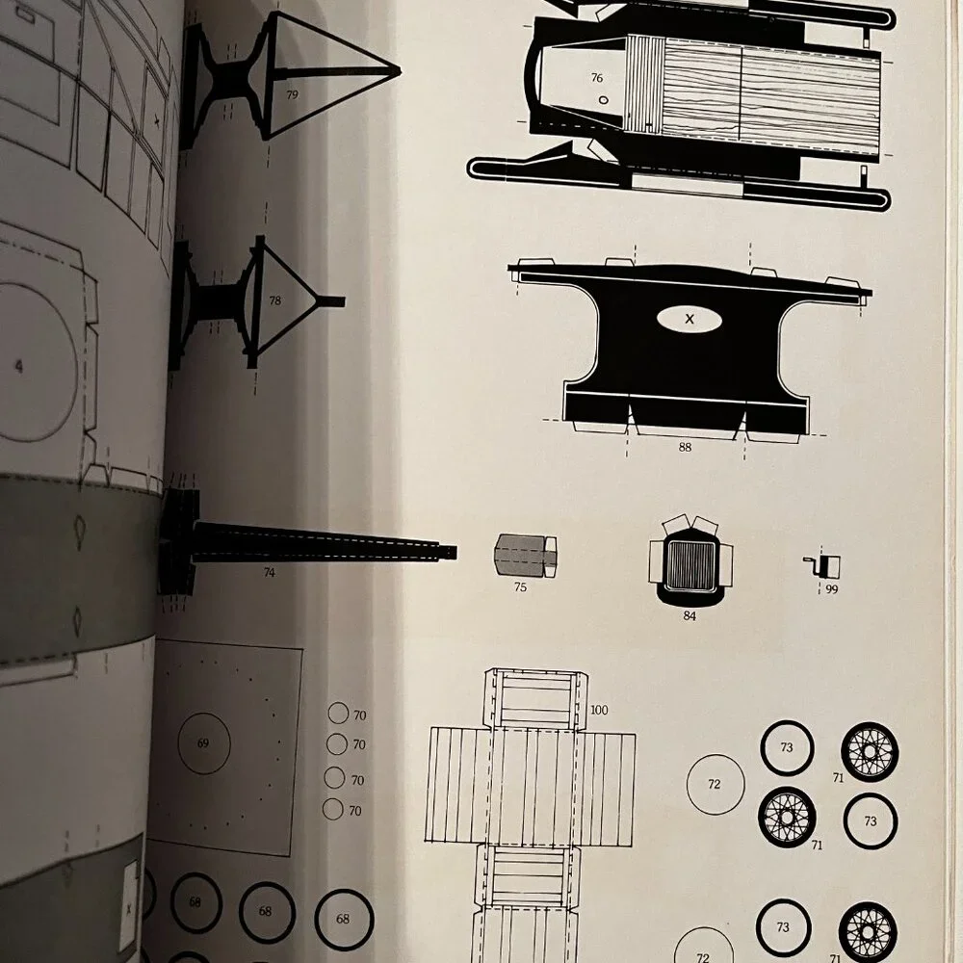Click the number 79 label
pyautogui.click(x=292, y=94)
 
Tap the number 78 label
pyautogui.click(x=274, y=300)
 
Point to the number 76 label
pyautogui.click(x=596, y=78)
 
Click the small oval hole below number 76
pyautogui.click(x=603, y=100)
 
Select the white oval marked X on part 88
pyautogui.click(x=690, y=319)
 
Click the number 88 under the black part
pyautogui.click(x=685, y=447)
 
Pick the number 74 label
pyautogui.click(x=269, y=572)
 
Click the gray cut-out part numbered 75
pyautogui.click(x=525, y=556)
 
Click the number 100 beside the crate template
pyautogui.click(x=599, y=710)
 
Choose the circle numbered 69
pyautogui.click(x=204, y=743)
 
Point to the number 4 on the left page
pyautogui.click(x=19, y=367)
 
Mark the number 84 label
pyautogui.click(x=690, y=615)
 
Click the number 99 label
pyautogui.click(x=832, y=589)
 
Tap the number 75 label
pyautogui.click(x=520, y=587)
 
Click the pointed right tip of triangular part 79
pyautogui.click(x=400, y=71)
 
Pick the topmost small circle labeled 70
pyautogui.click(x=338, y=713)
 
